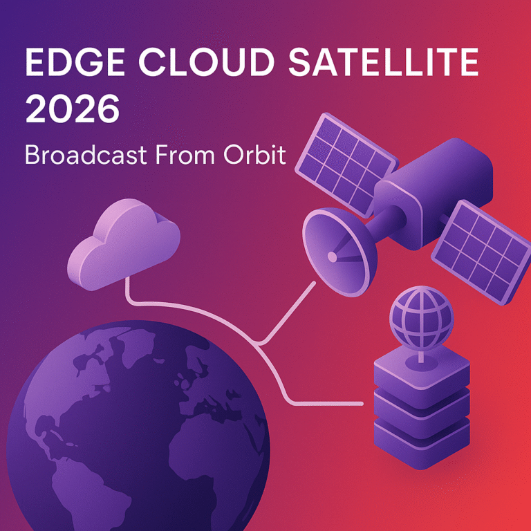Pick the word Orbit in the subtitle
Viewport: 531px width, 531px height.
[x=254, y=155]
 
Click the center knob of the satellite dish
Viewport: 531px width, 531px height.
[x=332, y=257]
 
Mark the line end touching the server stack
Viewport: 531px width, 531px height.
[x=361, y=402]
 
